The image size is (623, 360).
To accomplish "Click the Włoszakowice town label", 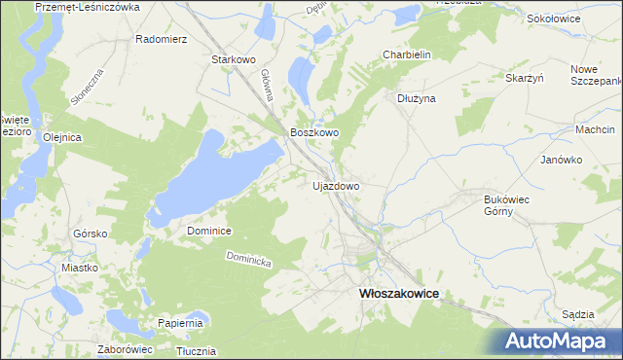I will click(x=399, y=292).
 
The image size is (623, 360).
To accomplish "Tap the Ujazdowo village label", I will click(x=336, y=185).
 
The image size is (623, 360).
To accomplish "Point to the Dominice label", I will click(x=208, y=231).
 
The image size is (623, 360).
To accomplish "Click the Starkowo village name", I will click(x=233, y=59).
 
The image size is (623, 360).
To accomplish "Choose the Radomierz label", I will click(x=161, y=40).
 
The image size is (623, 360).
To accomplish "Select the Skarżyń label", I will click(x=524, y=77).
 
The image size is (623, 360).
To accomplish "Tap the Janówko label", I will click(x=561, y=159).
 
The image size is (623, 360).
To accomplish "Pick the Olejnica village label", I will click(x=61, y=137).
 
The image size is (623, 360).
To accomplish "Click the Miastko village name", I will click(x=80, y=268).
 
